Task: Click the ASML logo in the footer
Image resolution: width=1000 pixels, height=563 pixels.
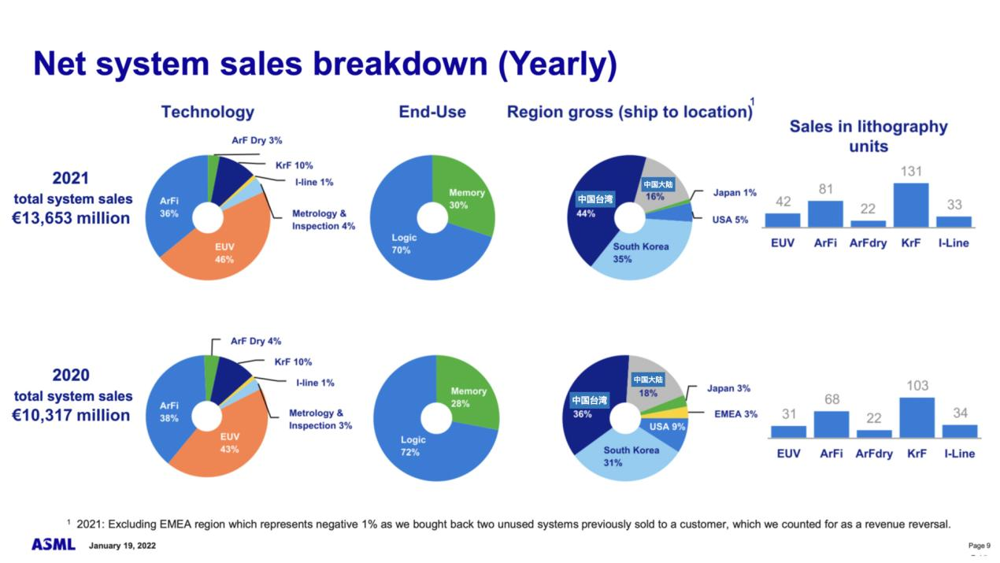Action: click(54, 545)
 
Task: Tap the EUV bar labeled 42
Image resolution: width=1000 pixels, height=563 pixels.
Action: click(782, 220)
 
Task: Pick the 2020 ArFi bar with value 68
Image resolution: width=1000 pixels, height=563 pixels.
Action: click(831, 424)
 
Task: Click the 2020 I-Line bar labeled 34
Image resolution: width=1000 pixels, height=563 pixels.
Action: click(959, 431)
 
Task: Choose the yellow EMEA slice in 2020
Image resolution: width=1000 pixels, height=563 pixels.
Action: click(676, 413)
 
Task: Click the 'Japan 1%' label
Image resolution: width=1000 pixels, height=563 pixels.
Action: click(735, 193)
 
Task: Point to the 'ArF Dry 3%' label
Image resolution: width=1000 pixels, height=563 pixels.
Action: click(257, 140)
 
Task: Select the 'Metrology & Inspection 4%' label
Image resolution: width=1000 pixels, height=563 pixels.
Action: click(323, 220)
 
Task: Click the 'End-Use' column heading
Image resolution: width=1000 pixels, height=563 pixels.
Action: click(432, 112)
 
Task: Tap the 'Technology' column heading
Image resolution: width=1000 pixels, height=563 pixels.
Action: click(208, 112)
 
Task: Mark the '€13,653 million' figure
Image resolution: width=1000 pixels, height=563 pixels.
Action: click(72, 218)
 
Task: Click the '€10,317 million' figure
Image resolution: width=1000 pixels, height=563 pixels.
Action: click(72, 415)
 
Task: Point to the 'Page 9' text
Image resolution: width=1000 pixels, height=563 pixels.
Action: click(979, 546)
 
